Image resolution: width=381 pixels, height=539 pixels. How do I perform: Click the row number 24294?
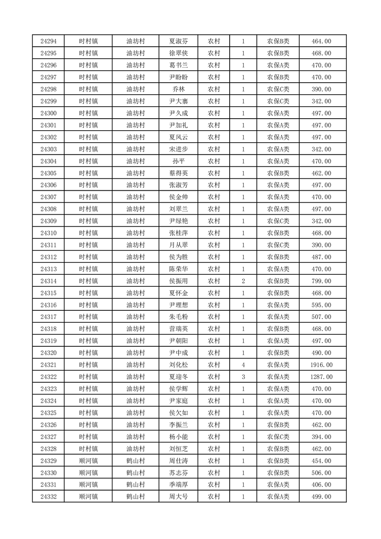coord(49,41)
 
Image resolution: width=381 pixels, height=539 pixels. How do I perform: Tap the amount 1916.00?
coord(321,365)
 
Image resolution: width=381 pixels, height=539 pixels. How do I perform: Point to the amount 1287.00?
coord(321,377)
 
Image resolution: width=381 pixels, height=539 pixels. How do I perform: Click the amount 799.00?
coord(321,281)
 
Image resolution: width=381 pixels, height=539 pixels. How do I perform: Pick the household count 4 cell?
coord(244,365)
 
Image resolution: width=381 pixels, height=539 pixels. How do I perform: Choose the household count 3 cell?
coord(244,377)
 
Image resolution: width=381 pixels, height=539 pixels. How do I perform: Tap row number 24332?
coord(49,497)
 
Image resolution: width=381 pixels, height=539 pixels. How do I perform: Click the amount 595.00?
coord(321,305)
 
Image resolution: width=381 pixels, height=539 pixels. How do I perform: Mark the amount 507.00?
coord(321,317)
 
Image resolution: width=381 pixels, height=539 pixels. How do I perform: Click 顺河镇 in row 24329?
coord(88,461)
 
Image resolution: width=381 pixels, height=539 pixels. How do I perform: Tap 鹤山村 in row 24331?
coord(135,485)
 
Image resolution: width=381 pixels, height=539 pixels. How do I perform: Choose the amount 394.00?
coord(321,437)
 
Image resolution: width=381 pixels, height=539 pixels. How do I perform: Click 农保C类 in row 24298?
coord(278,89)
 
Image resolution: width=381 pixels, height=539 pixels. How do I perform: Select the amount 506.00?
coord(321,473)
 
